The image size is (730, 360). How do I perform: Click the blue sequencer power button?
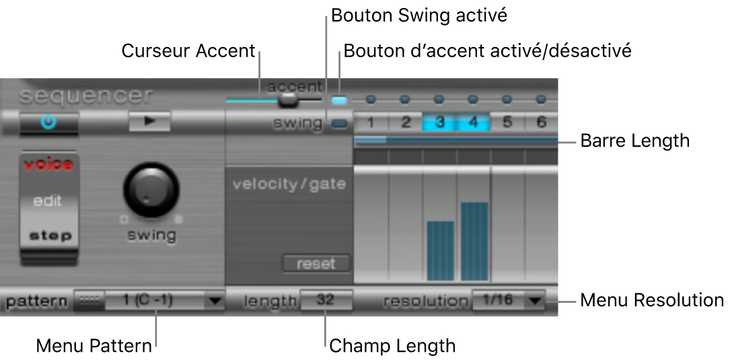pos(49,122)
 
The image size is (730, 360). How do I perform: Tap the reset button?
pos(316,263)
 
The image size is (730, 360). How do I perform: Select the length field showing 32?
pos(326,300)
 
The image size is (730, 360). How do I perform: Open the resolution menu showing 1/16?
pos(508,300)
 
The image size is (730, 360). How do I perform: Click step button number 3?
pos(439,122)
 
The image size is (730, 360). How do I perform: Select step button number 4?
pos(473,122)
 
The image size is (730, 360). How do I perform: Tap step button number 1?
pos(371,122)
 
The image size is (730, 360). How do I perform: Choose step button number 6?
pos(541,122)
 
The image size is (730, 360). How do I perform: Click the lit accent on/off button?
pos(340,100)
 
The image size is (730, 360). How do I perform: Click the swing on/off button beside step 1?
pos(340,123)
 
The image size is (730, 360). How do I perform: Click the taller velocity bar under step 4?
pos(474,241)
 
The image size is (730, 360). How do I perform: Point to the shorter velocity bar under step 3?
pos(441,250)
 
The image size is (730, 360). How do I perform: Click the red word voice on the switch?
pos(48,165)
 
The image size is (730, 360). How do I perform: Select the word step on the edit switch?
pos(48,236)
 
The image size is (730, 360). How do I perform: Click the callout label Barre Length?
pos(635,141)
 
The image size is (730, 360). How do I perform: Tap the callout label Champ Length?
pos(392,346)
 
